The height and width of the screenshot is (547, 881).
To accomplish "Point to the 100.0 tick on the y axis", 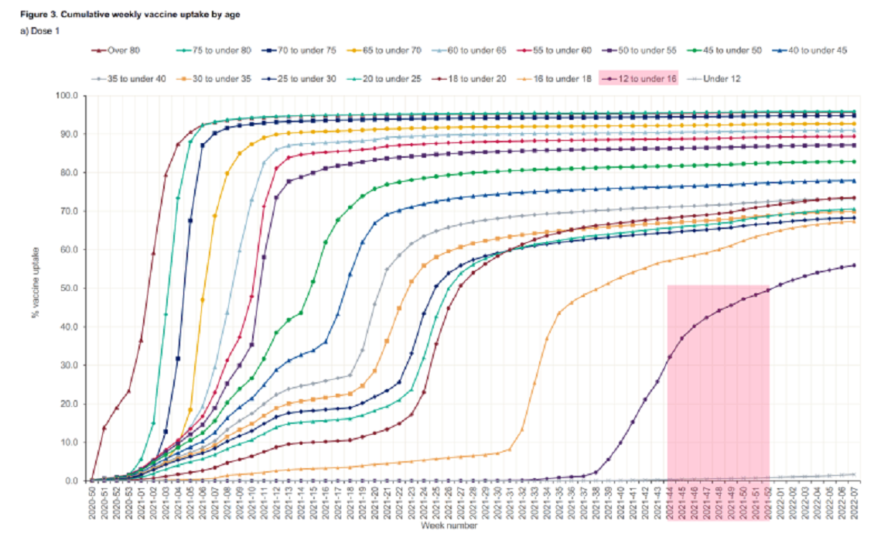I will click(x=67, y=96).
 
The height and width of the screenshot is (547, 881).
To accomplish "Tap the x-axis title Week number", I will click(x=449, y=525).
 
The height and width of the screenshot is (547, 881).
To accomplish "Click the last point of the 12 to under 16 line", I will click(x=854, y=265).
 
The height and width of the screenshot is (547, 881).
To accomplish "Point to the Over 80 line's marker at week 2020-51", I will click(x=104, y=428).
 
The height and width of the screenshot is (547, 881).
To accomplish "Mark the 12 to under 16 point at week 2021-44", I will click(x=669, y=357).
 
